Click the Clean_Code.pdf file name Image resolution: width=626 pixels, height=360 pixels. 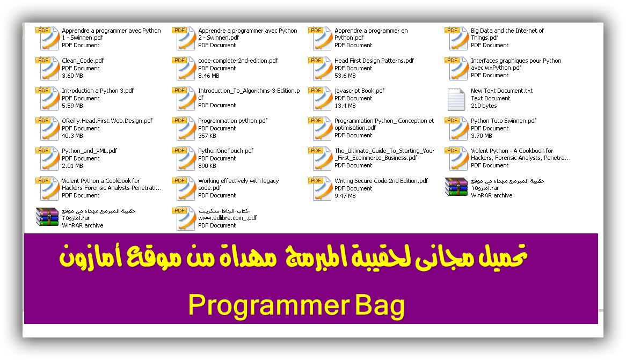[83, 61]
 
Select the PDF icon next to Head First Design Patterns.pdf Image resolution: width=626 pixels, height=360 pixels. [320, 68]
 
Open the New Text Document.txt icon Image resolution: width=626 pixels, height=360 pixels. [456, 99]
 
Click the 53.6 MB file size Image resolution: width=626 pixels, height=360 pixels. [345, 76]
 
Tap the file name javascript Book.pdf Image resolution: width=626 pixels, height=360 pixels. [359, 91]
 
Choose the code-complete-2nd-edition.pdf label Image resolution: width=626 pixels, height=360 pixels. [238, 61]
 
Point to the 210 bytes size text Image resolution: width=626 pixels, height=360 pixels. [484, 106]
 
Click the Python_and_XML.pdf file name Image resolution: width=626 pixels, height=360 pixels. [90, 151]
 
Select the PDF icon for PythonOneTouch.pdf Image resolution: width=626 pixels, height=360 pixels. [184, 158]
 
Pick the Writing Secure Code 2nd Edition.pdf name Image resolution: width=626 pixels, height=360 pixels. [381, 181]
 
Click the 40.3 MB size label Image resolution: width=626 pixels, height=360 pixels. [72, 136]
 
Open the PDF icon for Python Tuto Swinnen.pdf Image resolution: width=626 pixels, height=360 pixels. [456, 129]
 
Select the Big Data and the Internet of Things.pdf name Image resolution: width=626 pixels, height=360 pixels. [507, 34]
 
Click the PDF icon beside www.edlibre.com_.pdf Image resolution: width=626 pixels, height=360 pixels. [184, 219]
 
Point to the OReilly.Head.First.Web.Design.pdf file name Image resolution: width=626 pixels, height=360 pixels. [107, 121]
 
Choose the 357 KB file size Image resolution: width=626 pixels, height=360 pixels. [207, 136]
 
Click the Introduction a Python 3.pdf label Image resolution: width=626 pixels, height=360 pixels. [98, 91]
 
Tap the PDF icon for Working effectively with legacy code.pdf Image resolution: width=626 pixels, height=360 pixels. [184, 188]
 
